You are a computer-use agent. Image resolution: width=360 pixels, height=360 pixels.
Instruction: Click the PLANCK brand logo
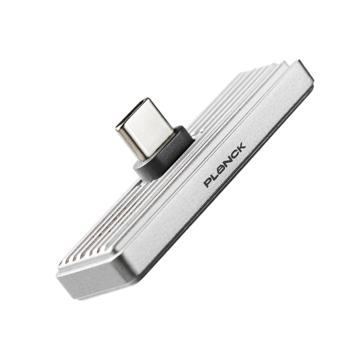coord(225,164)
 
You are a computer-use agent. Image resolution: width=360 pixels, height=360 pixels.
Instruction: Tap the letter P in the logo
coord(209,181)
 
